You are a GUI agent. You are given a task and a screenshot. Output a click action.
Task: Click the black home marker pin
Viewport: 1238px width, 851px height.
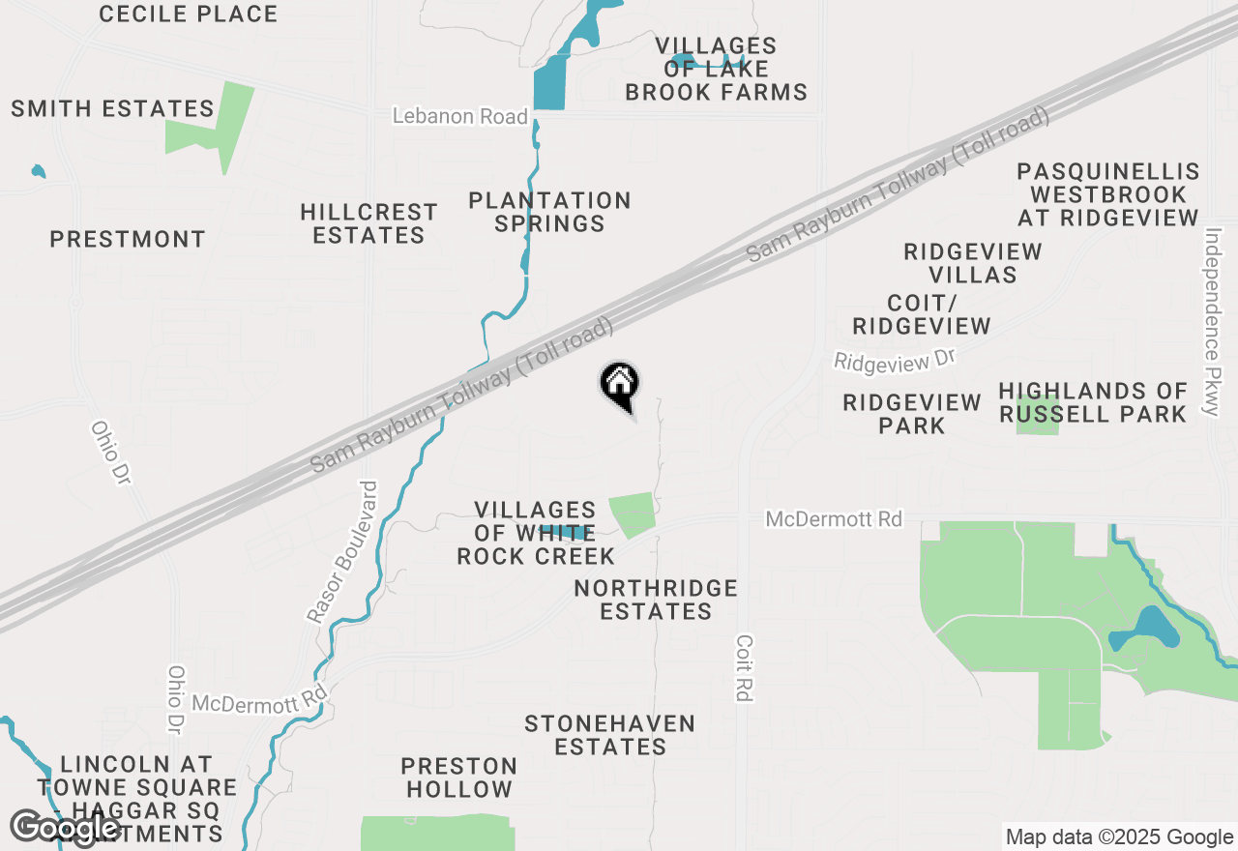[619, 384]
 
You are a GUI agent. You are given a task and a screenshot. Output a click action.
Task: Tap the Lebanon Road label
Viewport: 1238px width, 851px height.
[460, 117]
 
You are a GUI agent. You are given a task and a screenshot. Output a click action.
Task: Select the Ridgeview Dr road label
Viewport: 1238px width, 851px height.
[895, 360]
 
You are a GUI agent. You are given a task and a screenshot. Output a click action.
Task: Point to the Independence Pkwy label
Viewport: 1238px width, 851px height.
[1210, 322]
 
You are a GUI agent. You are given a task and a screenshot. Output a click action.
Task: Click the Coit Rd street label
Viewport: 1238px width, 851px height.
[743, 667]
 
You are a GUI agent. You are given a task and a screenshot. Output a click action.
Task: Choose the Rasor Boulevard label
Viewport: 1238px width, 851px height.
[342, 551]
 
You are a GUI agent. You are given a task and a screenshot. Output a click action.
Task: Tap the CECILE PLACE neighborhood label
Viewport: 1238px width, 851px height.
[189, 15]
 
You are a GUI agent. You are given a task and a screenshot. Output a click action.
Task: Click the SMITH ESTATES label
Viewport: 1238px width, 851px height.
[112, 108]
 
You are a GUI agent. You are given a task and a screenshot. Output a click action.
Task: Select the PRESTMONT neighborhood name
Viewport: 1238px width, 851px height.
[128, 239]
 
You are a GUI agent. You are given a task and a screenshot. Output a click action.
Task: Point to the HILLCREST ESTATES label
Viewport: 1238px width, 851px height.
[368, 223]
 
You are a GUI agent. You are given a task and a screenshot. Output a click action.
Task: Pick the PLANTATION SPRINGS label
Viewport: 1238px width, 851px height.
[549, 212]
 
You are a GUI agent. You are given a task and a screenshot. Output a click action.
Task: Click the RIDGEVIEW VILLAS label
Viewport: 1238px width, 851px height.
[973, 263]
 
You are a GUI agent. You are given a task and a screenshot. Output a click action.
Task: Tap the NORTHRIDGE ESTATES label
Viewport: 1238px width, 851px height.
[656, 600]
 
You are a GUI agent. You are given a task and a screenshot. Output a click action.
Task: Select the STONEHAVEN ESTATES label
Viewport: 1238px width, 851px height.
[609, 735]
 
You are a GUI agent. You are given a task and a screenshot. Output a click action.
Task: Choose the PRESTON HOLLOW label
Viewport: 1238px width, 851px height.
[459, 778]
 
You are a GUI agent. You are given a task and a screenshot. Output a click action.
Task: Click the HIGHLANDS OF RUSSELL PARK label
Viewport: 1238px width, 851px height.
[1093, 402]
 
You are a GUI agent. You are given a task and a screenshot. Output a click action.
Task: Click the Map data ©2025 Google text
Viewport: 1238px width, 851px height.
[1119, 837]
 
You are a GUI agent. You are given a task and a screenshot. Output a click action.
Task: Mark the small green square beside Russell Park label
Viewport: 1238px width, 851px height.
[1038, 425]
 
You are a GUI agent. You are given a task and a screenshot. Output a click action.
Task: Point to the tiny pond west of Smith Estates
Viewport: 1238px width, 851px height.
[38, 172]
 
